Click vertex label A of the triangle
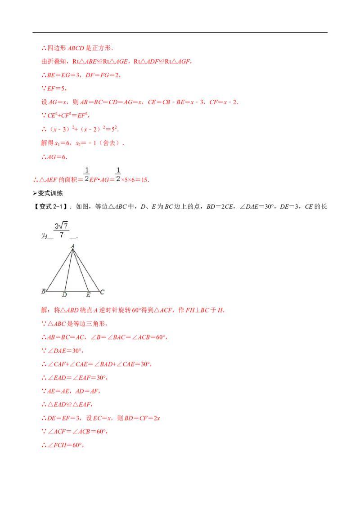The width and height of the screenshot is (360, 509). (x=73, y=246)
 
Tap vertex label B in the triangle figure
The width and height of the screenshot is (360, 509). (x=44, y=291)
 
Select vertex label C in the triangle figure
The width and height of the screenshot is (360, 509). (x=102, y=292)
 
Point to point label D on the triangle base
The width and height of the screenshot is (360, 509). (x=64, y=295)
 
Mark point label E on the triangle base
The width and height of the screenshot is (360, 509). (x=88, y=295)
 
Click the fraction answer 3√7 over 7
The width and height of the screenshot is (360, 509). (x=61, y=230)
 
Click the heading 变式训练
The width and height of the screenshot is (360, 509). (x=48, y=193)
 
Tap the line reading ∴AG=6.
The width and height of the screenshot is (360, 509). (x=54, y=157)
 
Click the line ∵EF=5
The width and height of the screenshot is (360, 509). (x=54, y=88)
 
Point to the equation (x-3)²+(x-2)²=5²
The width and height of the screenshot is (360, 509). (x=80, y=129)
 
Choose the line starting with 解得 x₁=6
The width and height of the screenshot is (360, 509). (x=82, y=143)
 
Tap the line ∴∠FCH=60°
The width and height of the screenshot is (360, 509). (x=63, y=445)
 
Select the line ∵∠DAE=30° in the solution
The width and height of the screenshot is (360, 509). (x=63, y=351)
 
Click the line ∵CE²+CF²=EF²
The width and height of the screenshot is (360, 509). (x=65, y=115)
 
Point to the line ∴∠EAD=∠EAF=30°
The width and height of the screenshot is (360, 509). (x=74, y=378)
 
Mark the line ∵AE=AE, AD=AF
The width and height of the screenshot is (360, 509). (x=71, y=391)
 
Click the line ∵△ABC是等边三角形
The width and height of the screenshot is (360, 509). (x=74, y=324)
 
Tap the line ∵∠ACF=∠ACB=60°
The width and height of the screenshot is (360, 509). (x=74, y=431)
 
